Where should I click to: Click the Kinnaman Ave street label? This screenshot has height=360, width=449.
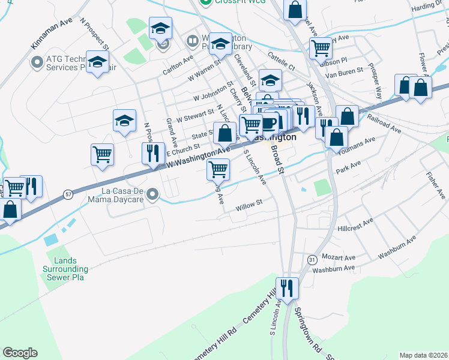click(52, 36)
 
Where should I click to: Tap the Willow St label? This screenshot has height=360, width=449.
click(250, 204)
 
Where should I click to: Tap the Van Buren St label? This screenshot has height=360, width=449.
click(344, 70)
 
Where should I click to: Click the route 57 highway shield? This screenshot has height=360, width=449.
click(69, 194)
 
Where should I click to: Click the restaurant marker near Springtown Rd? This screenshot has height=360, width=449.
click(288, 288)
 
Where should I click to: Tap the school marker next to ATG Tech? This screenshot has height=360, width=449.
click(97, 62)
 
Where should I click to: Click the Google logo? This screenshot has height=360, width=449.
click(20, 353)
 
